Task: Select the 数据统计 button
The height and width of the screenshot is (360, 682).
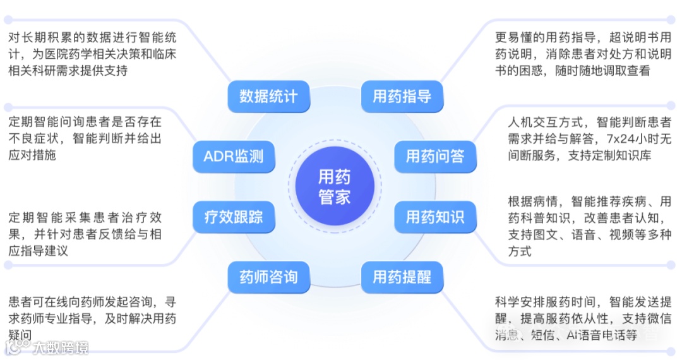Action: click(268, 97)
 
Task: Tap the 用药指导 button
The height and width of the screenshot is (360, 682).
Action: click(402, 97)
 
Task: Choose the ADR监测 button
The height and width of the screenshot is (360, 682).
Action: click(234, 155)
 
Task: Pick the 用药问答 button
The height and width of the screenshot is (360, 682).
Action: click(435, 155)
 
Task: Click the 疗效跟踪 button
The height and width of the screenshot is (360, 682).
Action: click(234, 218)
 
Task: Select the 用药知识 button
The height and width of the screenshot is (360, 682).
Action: click(435, 218)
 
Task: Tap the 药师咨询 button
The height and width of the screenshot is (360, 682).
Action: click(268, 277)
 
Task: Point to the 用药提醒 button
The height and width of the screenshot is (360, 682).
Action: click(402, 277)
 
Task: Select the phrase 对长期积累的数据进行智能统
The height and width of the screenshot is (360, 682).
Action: click(92, 38)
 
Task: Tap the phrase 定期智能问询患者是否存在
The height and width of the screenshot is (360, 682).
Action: click(85, 121)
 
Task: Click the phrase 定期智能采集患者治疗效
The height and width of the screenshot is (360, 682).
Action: click(85, 219)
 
